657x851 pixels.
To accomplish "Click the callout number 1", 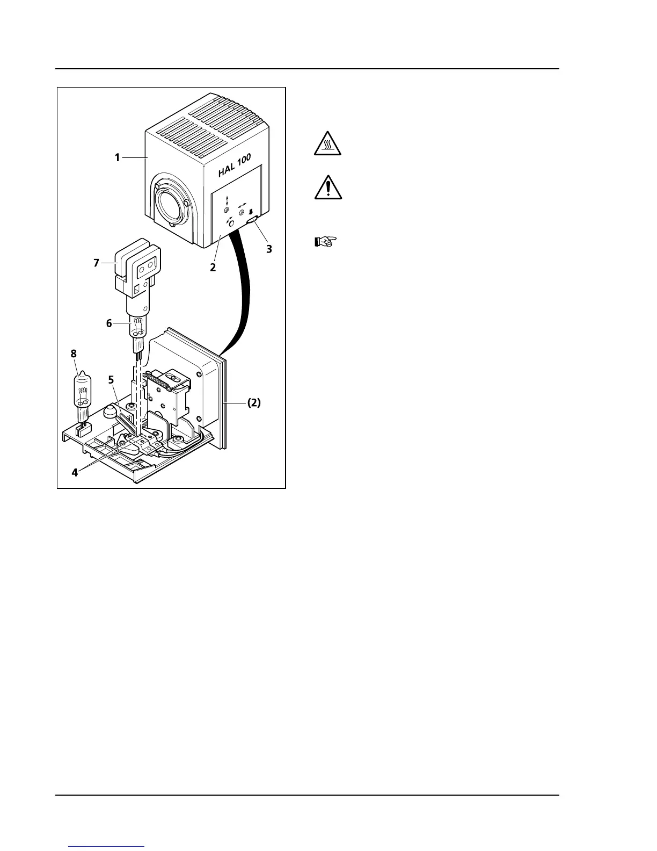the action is coord(116,157).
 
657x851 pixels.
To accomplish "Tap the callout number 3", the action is coord(269,249).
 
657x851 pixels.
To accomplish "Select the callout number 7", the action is coord(97,263).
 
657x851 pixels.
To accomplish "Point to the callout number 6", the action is coord(109,323).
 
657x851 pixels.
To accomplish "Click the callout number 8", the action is coord(74,354).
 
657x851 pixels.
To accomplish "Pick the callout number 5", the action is coord(111,379).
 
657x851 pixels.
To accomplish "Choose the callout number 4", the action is coord(75,472).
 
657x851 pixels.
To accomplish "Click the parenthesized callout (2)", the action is coord(253,403).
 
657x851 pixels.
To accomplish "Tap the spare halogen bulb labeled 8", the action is coord(82,395).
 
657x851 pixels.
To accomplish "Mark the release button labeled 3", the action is coord(252,220).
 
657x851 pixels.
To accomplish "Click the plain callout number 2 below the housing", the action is coord(213,267).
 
